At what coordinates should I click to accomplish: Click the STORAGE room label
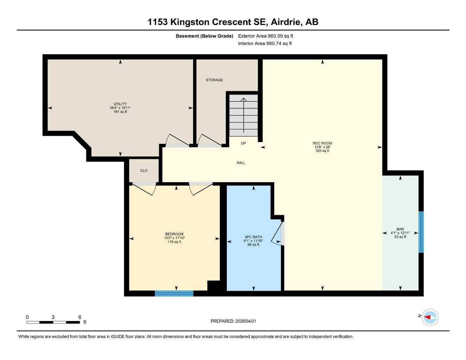click(x=214, y=80)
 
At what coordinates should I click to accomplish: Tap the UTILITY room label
click(x=120, y=104)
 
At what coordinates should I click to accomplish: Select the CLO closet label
click(x=144, y=171)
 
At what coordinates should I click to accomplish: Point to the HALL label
click(x=241, y=163)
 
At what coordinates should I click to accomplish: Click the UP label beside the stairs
click(x=243, y=143)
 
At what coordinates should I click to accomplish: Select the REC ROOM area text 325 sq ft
click(x=323, y=151)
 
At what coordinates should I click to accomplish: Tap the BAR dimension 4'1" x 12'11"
click(x=400, y=233)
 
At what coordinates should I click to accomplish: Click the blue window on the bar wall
click(x=421, y=232)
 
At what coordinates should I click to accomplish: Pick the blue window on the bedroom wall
click(x=174, y=293)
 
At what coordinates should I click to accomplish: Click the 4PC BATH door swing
click(x=277, y=233)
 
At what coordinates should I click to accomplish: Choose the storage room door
click(x=210, y=141)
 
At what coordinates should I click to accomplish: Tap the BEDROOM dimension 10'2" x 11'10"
click(x=174, y=238)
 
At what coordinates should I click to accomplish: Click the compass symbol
click(x=430, y=317)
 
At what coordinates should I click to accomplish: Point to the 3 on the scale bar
click(x=53, y=317)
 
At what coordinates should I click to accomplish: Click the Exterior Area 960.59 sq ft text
click(x=266, y=36)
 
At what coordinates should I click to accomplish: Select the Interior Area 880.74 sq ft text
click(x=265, y=44)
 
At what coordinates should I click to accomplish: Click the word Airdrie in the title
click(x=286, y=22)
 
